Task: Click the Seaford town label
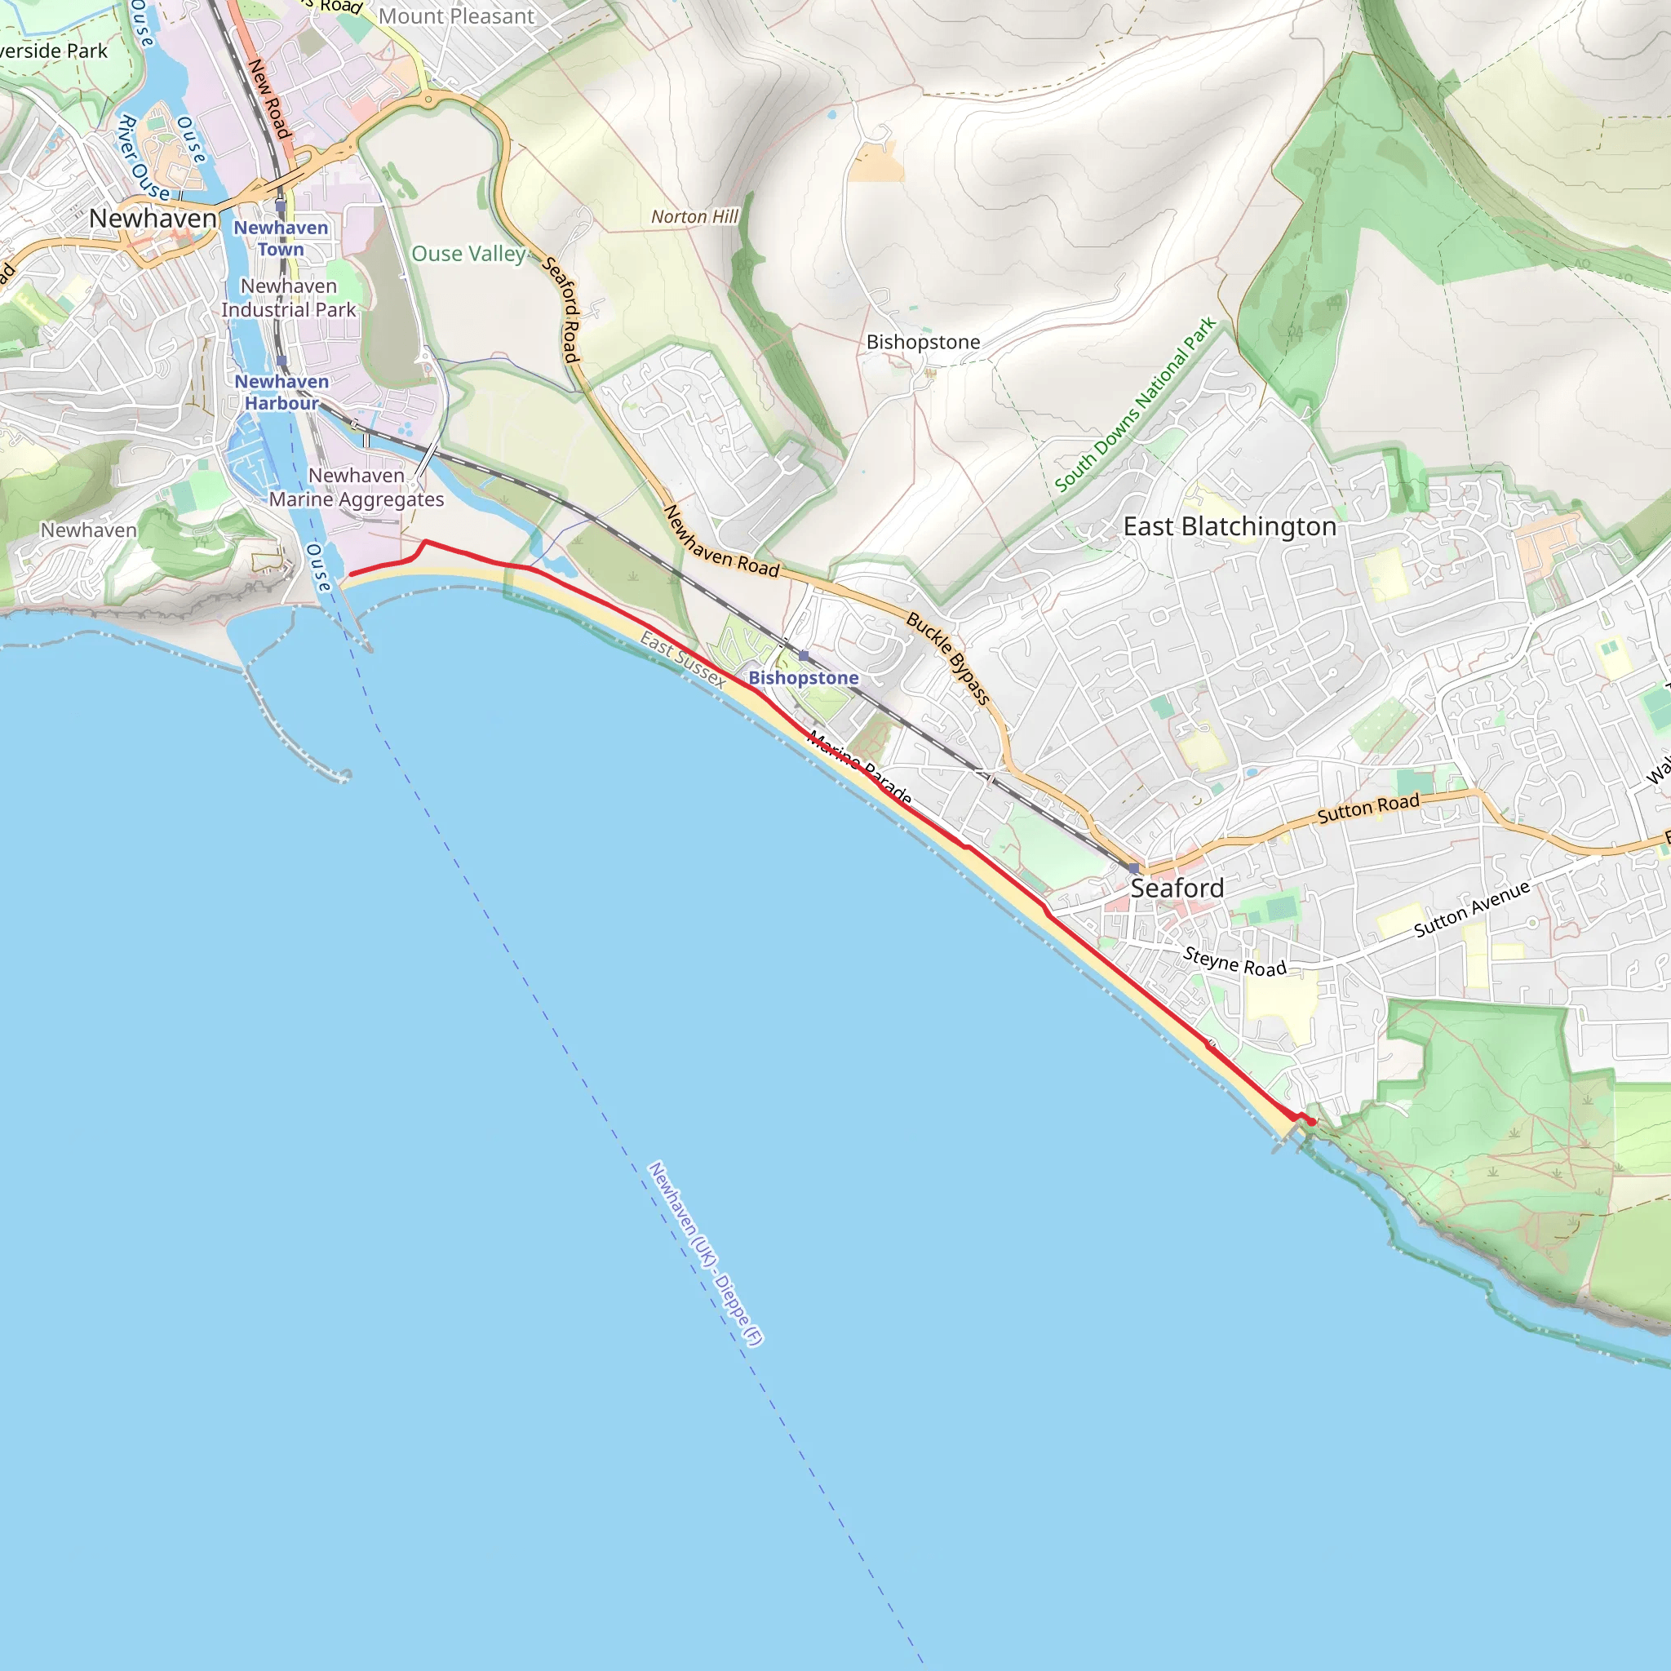point(1177,889)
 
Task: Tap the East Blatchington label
point(1229,527)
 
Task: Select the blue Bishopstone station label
point(804,678)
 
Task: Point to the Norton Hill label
point(694,217)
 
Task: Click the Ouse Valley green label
point(468,255)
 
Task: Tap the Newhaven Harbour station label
point(281,392)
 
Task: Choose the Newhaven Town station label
point(281,239)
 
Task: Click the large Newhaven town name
point(153,219)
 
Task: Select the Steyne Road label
point(1234,962)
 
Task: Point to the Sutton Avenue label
point(1472,909)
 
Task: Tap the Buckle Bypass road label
point(948,658)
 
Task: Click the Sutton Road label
point(1368,809)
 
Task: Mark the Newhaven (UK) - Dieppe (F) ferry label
point(705,1254)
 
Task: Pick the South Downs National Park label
point(1136,405)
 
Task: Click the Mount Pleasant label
point(457,16)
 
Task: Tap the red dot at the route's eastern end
point(1312,1122)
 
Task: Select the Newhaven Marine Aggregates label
point(357,488)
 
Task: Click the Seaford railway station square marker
point(1133,867)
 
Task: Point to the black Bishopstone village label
point(923,343)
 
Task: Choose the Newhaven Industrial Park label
point(289,299)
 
